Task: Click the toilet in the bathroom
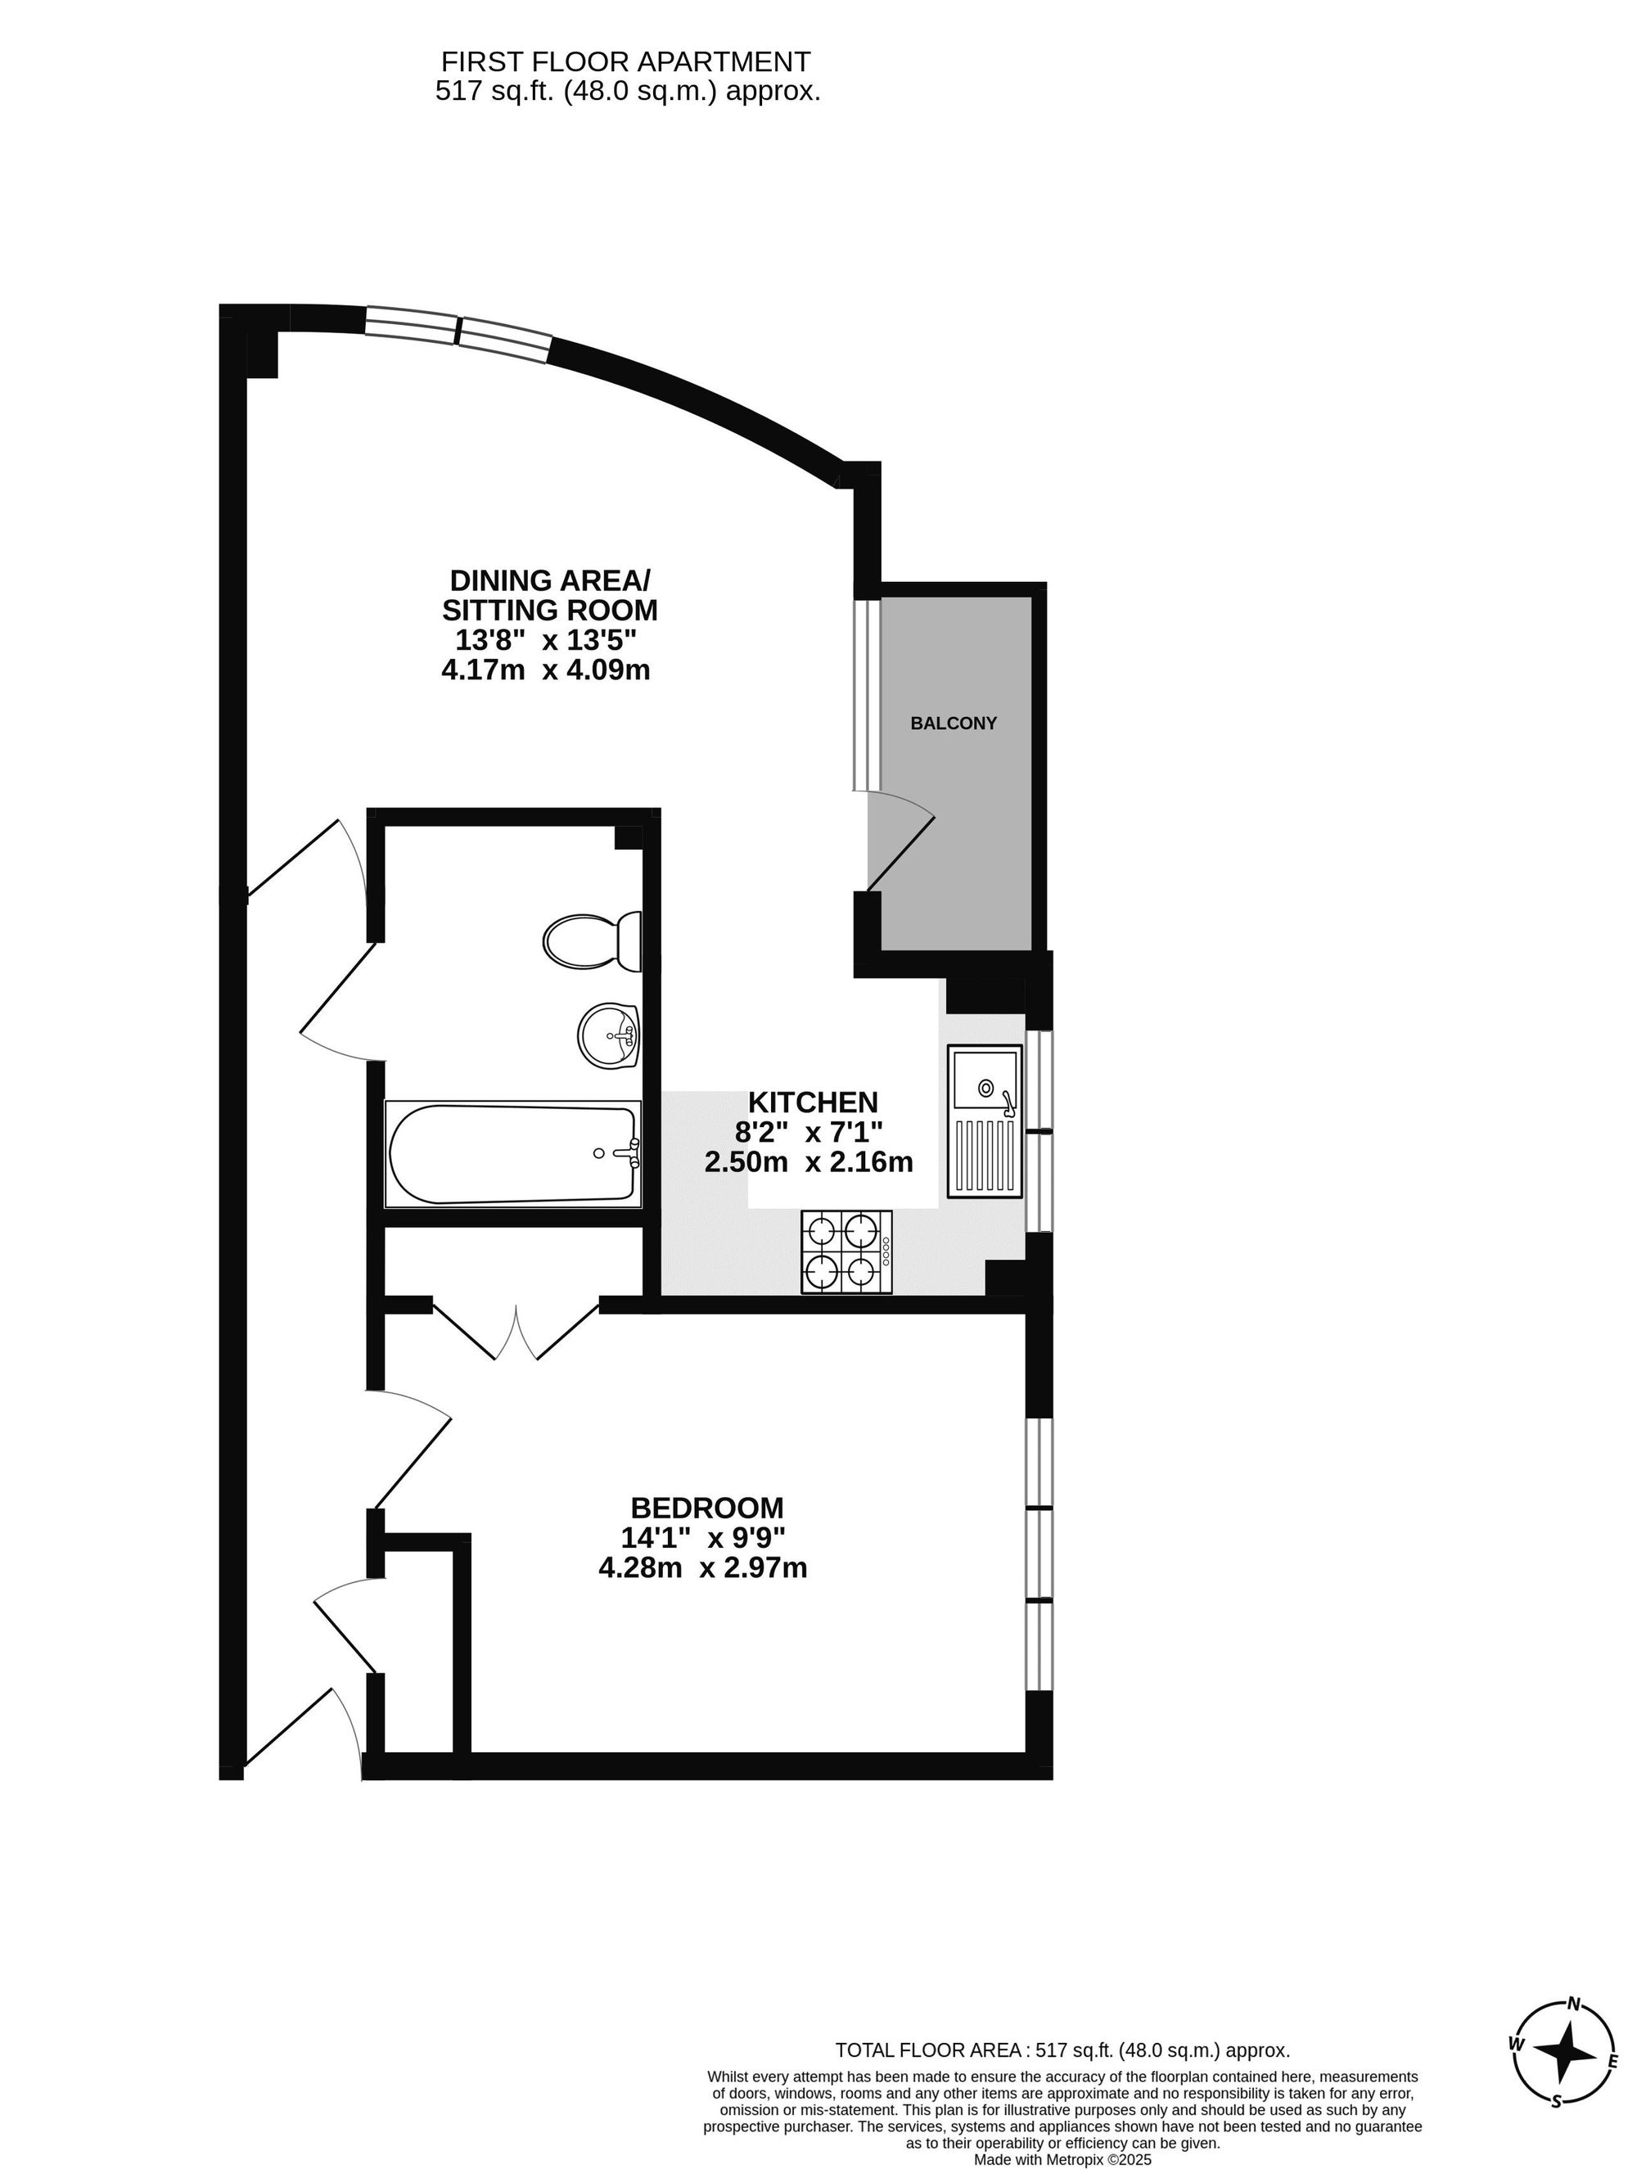pos(592,940)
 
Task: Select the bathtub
pos(513,1154)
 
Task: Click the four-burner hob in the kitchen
pos(846,1251)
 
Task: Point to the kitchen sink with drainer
pos(984,1120)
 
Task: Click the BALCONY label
pos(954,723)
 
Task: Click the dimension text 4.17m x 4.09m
pos(546,670)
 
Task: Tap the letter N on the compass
pos(1574,2004)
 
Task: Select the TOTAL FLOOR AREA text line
pos(1062,2050)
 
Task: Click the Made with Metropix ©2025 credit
pos(1062,2159)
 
